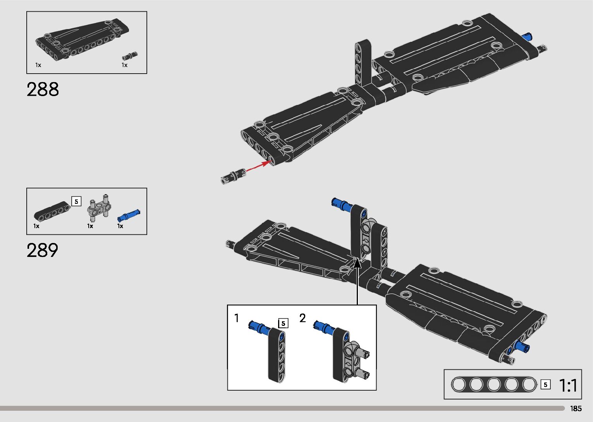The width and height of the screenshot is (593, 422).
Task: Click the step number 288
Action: pos(43,89)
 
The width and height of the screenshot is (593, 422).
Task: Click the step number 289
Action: pos(42,250)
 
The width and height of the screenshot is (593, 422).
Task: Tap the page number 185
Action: pos(576,408)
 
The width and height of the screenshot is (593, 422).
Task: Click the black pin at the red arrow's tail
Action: pos(233,176)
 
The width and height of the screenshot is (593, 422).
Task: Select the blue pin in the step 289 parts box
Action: pos(129,215)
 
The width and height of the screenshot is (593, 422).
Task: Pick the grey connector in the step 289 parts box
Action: pos(99,208)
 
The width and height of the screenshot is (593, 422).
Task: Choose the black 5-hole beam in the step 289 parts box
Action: pos(52,212)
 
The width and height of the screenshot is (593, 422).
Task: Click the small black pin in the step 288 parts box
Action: pos(130,56)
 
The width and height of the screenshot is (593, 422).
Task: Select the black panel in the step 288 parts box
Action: pos(82,40)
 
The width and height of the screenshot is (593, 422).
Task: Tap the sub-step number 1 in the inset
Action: pos(236,318)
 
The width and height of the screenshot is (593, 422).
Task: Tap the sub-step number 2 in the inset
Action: pos(303,318)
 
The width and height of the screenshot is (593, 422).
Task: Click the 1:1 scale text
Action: pos(568,385)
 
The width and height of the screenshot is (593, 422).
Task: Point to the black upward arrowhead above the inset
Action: pos(357,264)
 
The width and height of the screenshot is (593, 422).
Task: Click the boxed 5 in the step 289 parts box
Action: pos(76,202)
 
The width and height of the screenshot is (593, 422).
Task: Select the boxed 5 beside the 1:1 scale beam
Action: pos(545,385)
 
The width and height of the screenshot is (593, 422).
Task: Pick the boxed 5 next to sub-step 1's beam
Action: pos(283,324)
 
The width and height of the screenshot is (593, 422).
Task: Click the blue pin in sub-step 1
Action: pos(260,327)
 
